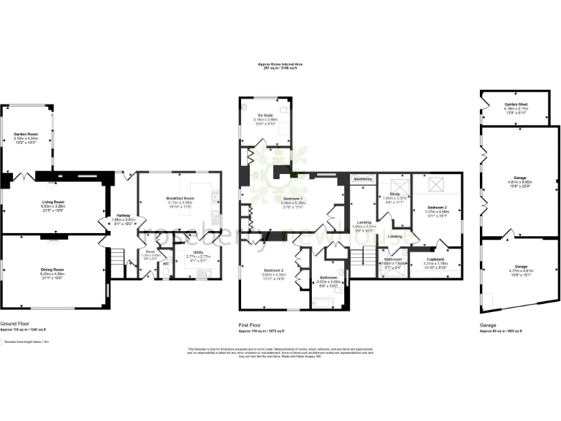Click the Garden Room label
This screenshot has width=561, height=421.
click(x=26, y=134)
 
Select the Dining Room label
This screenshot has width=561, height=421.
click(x=52, y=269)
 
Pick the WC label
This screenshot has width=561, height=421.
click(x=166, y=264)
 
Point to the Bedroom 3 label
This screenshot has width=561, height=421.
click(x=437, y=208)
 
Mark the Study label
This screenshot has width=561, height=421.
click(x=394, y=194)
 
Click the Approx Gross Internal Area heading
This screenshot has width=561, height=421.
click(x=280, y=64)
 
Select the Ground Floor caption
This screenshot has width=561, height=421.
click(x=15, y=323)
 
